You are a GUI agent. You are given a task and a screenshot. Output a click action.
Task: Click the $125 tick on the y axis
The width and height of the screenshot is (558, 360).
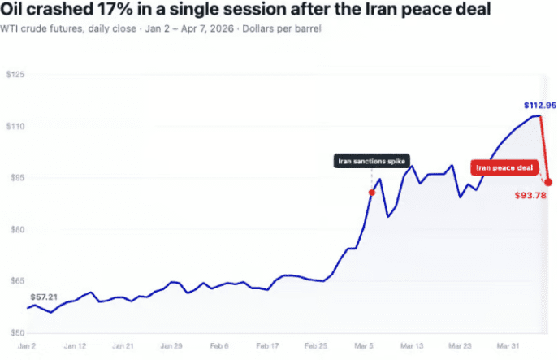pyautogui.click(x=15, y=75)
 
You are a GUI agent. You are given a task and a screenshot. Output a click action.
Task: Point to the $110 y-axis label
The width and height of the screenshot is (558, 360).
pyautogui.click(x=15, y=126)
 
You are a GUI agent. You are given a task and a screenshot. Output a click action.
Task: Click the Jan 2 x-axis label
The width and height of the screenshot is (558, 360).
pyautogui.click(x=28, y=345)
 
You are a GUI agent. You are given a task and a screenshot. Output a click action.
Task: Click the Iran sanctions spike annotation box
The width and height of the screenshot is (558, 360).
pyautogui.click(x=372, y=161)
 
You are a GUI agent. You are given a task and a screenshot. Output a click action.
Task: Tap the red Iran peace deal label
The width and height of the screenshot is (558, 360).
pyautogui.click(x=503, y=168)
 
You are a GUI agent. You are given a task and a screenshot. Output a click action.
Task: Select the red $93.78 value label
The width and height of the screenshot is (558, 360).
pyautogui.click(x=530, y=195)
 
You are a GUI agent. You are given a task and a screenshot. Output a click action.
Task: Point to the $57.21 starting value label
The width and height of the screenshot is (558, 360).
pyautogui.click(x=44, y=297)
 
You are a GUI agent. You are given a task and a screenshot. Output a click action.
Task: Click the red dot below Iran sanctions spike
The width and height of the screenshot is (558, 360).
pyautogui.click(x=372, y=193)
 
